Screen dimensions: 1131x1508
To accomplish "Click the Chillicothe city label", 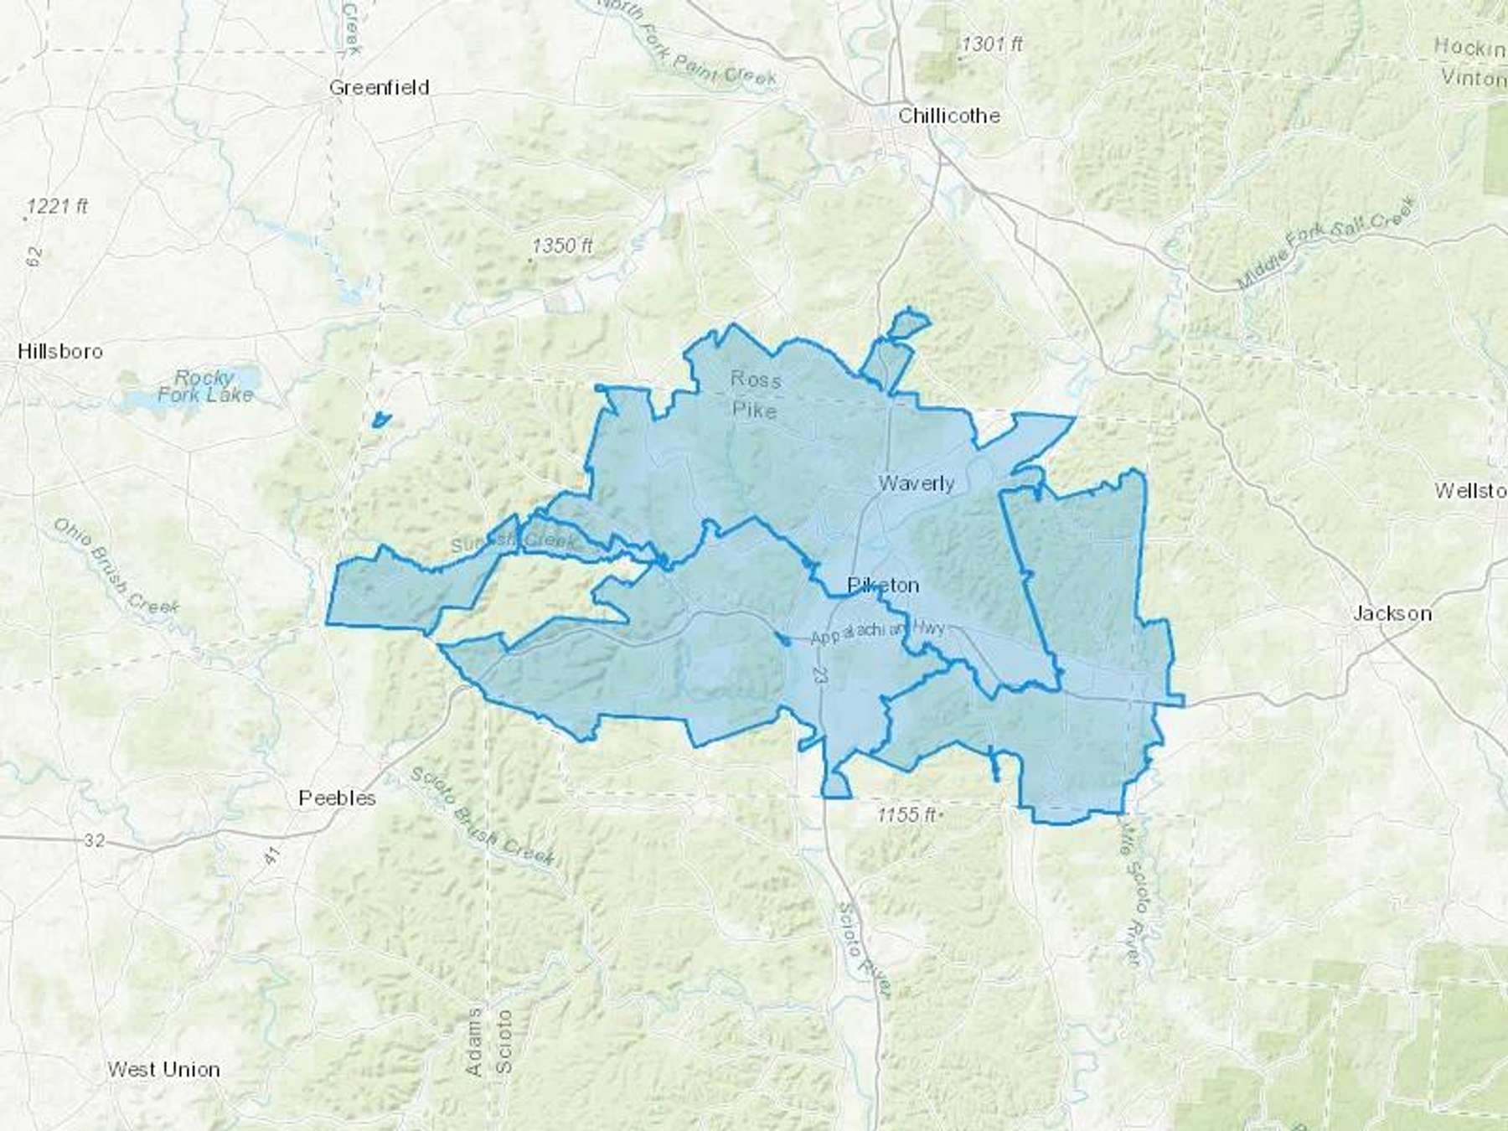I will pyautogui.click(x=948, y=116).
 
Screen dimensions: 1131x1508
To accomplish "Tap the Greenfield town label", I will pyautogui.click(x=379, y=87).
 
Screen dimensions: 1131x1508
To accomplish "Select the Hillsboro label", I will pyautogui.click(x=60, y=351).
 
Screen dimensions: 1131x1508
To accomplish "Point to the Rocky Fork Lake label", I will pyautogui.click(x=205, y=386).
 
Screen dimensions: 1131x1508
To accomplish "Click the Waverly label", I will pyautogui.click(x=916, y=483).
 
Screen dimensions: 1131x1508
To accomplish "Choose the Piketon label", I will pyautogui.click(x=883, y=585).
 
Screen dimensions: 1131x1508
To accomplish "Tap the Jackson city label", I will pyautogui.click(x=1392, y=613).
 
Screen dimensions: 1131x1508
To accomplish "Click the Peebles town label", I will pyautogui.click(x=337, y=798).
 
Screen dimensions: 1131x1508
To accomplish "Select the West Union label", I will pyautogui.click(x=163, y=1069).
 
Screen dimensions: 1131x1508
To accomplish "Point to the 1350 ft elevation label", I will pyautogui.click(x=563, y=245).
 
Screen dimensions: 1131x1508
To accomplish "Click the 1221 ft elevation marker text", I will pyautogui.click(x=57, y=206).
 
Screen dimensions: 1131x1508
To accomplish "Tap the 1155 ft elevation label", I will pyautogui.click(x=906, y=814).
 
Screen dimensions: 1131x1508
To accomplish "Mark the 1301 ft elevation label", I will pyautogui.click(x=992, y=44).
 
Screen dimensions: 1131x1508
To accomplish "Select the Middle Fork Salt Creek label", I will pyautogui.click(x=1327, y=243).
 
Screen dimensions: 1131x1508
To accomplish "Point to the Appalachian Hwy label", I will pyautogui.click(x=876, y=633).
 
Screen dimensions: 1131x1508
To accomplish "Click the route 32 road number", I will pyautogui.click(x=94, y=839).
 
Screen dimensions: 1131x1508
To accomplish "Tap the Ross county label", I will pyautogui.click(x=755, y=379).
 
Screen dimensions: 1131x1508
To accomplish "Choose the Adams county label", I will pyautogui.click(x=474, y=1042).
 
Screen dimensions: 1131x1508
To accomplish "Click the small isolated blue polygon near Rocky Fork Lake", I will pyautogui.click(x=381, y=419).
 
